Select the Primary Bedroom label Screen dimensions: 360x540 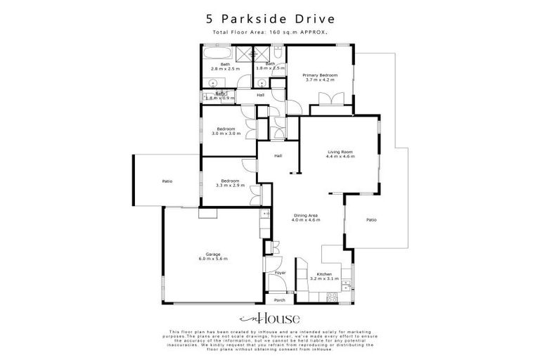point(320,75)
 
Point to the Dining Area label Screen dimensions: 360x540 point(306,215)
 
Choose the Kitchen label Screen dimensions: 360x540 point(324,274)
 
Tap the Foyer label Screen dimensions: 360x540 point(279,271)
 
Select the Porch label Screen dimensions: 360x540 point(279,300)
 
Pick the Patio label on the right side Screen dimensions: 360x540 point(371,220)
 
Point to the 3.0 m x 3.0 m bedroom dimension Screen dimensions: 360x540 point(225,134)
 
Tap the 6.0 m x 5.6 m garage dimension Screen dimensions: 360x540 point(213,259)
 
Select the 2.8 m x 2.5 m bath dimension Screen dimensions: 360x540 point(225,69)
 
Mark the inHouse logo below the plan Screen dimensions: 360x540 point(269,318)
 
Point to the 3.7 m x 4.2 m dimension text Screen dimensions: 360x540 point(320,79)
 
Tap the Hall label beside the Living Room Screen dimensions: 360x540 point(278,156)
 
